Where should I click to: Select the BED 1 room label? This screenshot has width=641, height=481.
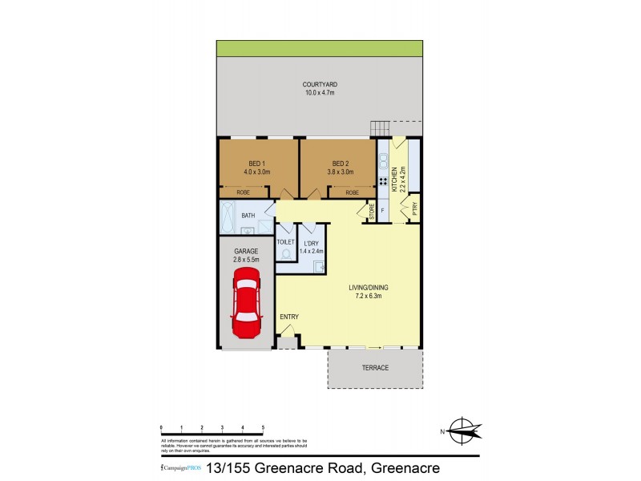(257, 163)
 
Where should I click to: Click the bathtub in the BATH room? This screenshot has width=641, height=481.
(229, 217)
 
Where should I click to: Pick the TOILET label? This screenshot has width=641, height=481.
(285, 241)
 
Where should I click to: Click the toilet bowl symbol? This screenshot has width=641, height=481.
(286, 255)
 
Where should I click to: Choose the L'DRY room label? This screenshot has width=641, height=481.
(309, 243)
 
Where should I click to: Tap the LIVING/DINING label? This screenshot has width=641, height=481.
(370, 287)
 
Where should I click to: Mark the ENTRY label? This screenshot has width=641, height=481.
(289, 317)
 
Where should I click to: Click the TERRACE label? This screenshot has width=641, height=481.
(375, 368)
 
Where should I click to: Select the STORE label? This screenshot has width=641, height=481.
(371, 212)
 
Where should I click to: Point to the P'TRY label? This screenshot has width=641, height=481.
(415, 210)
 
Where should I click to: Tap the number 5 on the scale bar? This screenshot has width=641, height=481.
(263, 428)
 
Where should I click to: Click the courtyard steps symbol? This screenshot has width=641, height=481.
(380, 129)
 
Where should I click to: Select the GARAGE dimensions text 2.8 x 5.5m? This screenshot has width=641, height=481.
(246, 260)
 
